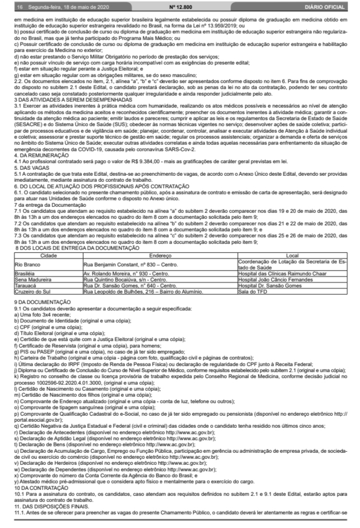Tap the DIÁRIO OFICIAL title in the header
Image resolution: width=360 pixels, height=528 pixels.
325,8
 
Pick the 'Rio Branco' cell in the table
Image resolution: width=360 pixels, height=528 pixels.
27,262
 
